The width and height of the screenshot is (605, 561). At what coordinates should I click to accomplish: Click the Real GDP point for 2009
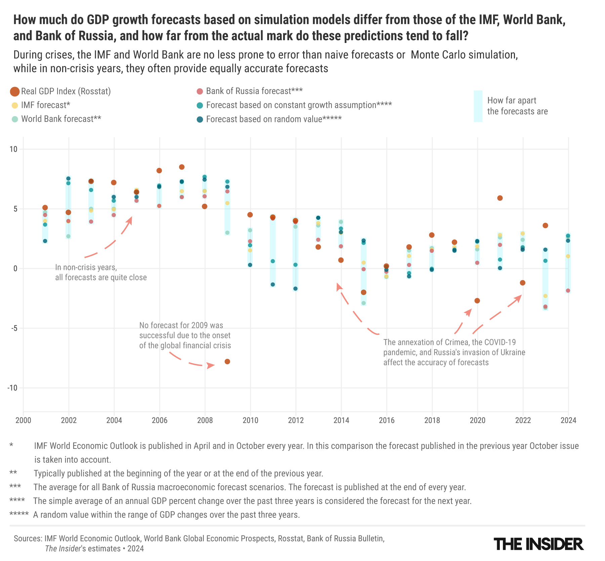click(x=227, y=362)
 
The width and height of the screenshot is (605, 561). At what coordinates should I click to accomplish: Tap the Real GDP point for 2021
click(x=500, y=198)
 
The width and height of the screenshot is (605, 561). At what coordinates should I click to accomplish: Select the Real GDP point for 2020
click(x=477, y=300)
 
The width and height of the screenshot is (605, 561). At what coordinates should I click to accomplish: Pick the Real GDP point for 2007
click(x=182, y=167)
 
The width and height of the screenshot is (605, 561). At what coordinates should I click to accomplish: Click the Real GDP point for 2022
click(x=523, y=283)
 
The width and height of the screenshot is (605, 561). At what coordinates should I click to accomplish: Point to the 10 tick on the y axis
click(x=13, y=149)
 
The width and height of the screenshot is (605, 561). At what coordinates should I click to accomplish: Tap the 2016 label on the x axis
click(x=387, y=420)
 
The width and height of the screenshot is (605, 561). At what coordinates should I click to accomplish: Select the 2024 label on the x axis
click(x=568, y=420)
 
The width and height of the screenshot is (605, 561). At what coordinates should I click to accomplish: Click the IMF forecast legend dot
click(x=15, y=105)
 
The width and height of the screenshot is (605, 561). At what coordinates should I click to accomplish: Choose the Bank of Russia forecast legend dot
click(x=200, y=91)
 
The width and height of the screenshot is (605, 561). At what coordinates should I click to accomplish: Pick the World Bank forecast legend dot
click(x=15, y=119)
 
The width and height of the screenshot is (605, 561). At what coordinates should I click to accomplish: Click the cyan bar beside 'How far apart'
click(x=478, y=106)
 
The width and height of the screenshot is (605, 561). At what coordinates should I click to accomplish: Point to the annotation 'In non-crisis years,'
click(x=86, y=268)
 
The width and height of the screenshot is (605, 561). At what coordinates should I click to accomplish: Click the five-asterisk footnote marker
click(x=19, y=514)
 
